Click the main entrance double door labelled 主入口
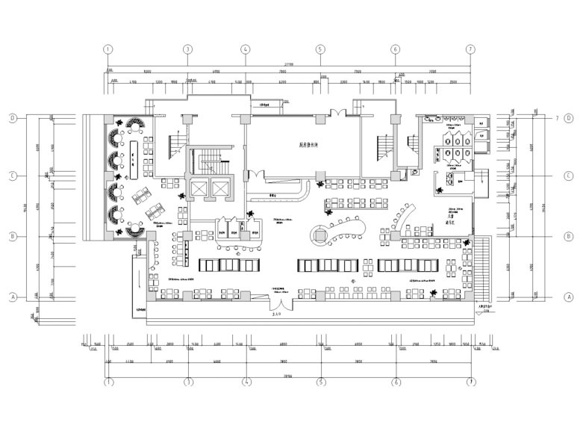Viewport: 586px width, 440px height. click(x=282, y=306)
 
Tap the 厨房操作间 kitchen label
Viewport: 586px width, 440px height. click(x=299, y=145)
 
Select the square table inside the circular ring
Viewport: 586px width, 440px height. click(x=320, y=235)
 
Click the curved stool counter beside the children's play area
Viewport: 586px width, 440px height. click(x=404, y=218)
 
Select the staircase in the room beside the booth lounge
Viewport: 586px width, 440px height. click(x=177, y=141)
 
